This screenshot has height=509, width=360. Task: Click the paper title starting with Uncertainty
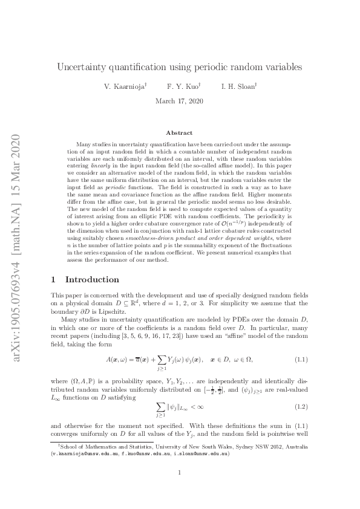[x=180, y=66]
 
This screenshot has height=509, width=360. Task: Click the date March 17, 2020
[x=180, y=102]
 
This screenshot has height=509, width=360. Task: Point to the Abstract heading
[x=180, y=132]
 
